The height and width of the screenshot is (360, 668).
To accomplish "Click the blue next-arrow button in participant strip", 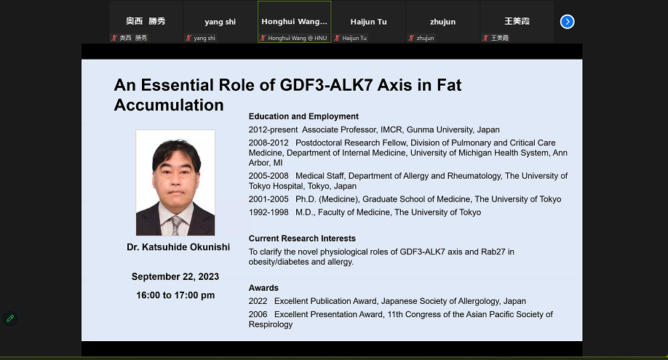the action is pos(567,22).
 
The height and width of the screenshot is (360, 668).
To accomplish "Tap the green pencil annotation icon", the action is pos(10,319).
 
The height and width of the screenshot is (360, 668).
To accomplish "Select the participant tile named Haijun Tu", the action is pos(368,22).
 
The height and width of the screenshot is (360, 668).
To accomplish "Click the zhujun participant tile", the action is pos(442,22).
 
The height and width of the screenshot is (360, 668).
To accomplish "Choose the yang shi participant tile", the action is pos(220,22).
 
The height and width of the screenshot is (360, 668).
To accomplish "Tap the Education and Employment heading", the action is pos(303,116).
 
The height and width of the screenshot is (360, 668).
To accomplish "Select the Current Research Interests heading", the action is pos(302,239).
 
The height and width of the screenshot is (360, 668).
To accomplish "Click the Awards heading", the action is pos(263,288).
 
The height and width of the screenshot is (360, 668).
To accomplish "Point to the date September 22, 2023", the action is pos(175,277).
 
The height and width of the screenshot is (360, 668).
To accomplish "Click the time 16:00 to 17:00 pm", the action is pos(175,295).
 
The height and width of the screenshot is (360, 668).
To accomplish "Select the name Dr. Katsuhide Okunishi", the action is pos(178,247).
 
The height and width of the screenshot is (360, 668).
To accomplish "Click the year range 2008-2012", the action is pos(269,143).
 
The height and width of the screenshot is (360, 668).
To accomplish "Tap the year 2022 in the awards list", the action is pos(258,301).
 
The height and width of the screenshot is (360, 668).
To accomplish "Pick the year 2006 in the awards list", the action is pos(258,314).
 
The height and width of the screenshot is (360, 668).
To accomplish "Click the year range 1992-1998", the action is pos(269,212).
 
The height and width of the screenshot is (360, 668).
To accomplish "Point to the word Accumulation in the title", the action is pos(169,105).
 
